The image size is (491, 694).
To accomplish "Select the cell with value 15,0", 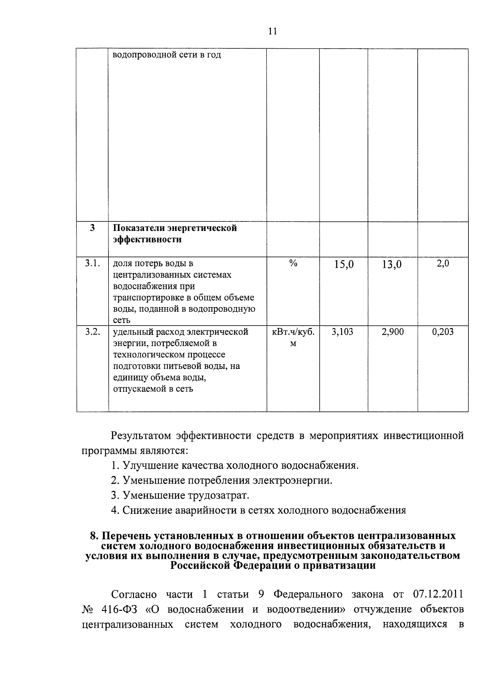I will pyautogui.click(x=343, y=265).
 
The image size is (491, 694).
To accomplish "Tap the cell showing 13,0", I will pyautogui.click(x=392, y=265).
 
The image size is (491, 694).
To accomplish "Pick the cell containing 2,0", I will pyautogui.click(x=443, y=264).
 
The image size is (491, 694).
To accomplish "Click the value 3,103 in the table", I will pyautogui.click(x=342, y=332).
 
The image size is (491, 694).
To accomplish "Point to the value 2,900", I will pyautogui.click(x=392, y=332).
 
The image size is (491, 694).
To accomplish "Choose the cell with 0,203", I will pyautogui.click(x=443, y=332).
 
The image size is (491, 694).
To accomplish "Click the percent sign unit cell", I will pyautogui.click(x=293, y=264).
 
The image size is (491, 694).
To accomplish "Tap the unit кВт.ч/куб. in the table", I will pyautogui.click(x=293, y=332).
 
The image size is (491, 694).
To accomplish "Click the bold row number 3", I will pyautogui.click(x=92, y=228).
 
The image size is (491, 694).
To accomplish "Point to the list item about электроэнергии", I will pyautogui.click(x=221, y=480).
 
